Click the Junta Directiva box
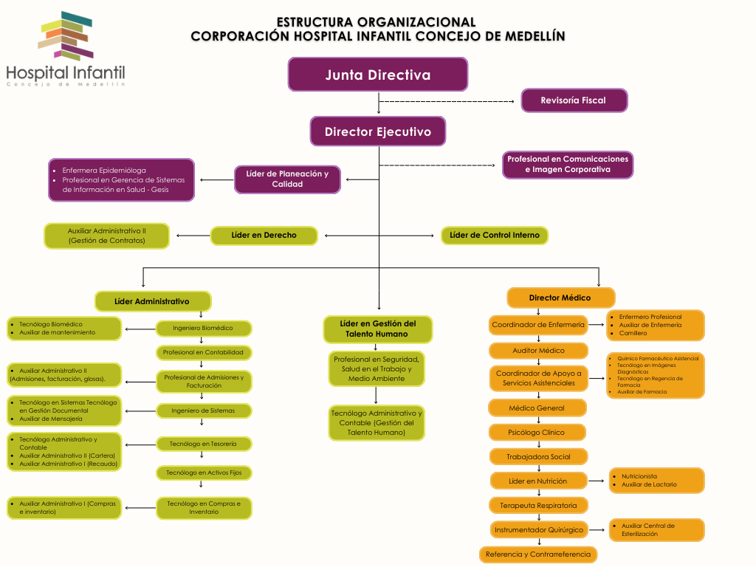click(377, 75)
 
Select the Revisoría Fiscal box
click(574, 100)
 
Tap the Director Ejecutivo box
click(377, 132)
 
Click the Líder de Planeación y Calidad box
click(287, 179)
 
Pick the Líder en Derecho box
click(264, 236)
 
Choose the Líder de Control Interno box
click(495, 236)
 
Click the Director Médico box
click(560, 298)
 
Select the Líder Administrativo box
click(152, 301)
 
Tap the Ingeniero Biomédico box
click(203, 328)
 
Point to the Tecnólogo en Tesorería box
click(203, 444)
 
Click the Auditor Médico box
click(538, 351)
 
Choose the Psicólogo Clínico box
click(537, 432)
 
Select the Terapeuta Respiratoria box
click(538, 505)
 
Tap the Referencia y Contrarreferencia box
click(537, 554)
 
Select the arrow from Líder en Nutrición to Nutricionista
click(597, 481)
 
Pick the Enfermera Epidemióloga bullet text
click(104, 171)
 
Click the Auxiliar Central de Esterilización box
click(656, 529)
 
